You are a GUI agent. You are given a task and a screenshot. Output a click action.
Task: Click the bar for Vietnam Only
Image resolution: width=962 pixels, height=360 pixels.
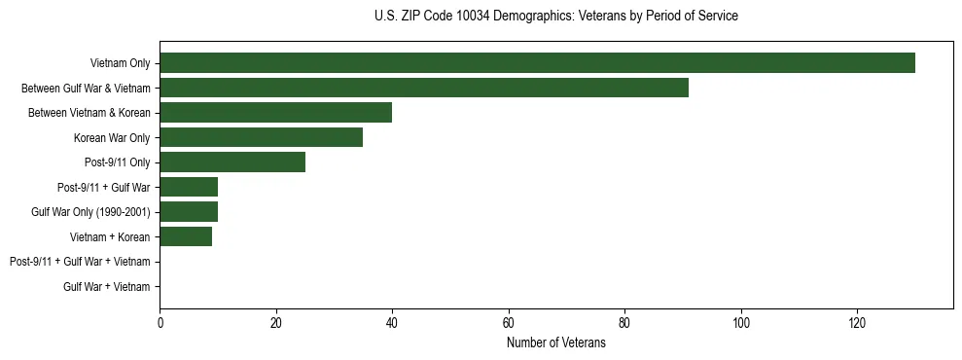click(537, 63)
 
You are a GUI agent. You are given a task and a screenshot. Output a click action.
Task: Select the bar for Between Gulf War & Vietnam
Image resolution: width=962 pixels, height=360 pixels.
click(424, 88)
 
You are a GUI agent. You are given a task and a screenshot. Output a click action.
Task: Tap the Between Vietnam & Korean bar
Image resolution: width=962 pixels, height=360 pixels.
click(275, 113)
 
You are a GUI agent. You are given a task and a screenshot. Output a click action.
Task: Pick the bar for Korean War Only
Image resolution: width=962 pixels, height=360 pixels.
click(261, 137)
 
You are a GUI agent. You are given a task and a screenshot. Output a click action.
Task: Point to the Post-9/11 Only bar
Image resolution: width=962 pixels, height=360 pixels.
click(232, 162)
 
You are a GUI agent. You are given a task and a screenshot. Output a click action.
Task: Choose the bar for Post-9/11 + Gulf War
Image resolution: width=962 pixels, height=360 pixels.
click(189, 187)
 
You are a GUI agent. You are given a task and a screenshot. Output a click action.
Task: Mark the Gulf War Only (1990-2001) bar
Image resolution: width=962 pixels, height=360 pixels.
click(189, 211)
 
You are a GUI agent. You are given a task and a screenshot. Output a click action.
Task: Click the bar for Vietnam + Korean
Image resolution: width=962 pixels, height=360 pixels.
click(186, 236)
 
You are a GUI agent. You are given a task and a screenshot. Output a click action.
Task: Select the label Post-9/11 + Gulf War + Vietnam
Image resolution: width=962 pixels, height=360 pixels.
click(80, 262)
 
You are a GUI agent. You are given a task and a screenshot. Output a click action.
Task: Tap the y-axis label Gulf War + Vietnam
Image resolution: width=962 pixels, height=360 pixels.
click(107, 286)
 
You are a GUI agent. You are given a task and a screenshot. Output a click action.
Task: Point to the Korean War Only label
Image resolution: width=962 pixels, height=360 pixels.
click(112, 138)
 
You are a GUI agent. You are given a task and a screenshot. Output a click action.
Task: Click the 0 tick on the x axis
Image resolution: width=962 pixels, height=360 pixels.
click(160, 322)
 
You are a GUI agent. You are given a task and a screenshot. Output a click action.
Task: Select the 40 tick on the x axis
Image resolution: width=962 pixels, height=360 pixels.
click(392, 322)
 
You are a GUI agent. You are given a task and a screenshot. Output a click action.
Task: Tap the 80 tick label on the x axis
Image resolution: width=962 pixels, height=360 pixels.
click(624, 322)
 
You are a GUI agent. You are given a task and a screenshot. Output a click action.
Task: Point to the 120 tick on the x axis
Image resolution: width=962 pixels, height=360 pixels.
click(857, 322)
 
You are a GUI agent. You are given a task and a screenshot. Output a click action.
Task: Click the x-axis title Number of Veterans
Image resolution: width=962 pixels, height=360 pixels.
click(555, 342)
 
